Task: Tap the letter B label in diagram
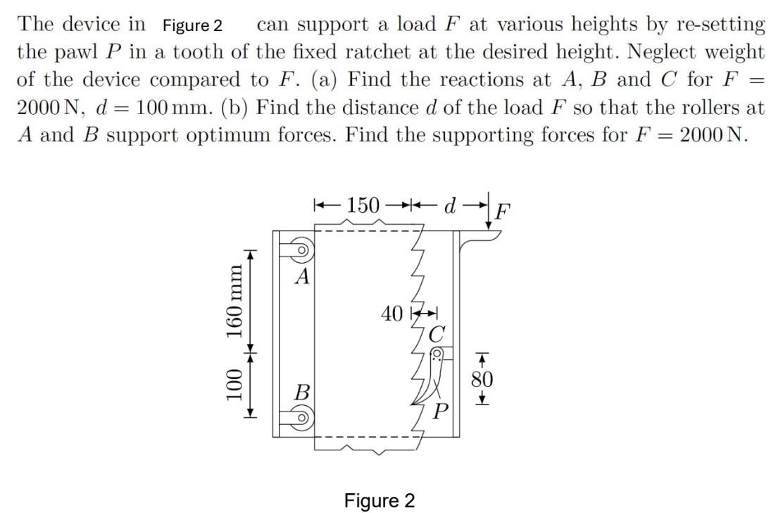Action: click(301, 392)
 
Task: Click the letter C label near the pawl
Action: click(437, 330)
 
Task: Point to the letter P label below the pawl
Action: click(441, 407)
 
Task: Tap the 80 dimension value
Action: click(482, 378)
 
